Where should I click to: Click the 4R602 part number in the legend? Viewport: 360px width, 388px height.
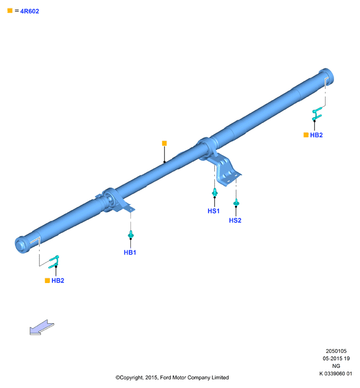click(30, 11)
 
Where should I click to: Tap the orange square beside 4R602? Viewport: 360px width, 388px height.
click(10, 11)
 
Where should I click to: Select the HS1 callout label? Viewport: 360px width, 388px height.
click(214, 211)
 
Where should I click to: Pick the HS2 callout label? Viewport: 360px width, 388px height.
click(235, 221)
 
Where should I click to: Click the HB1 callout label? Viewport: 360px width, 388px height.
click(130, 253)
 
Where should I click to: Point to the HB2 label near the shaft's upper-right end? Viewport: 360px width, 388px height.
click(316, 135)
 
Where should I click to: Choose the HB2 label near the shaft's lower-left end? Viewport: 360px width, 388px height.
click(58, 280)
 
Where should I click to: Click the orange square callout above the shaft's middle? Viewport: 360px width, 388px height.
click(164, 143)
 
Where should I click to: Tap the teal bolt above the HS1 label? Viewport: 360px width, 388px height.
click(215, 192)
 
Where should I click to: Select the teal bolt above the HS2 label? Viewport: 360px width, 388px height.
click(236, 202)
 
